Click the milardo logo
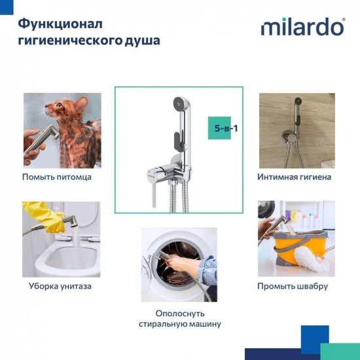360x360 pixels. pos(302,27)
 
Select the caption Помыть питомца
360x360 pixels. pos(57,177)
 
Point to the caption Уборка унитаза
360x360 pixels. pos(60,286)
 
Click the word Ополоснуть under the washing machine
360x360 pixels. pos(179,313)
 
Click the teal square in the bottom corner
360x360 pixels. pos(340,351)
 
